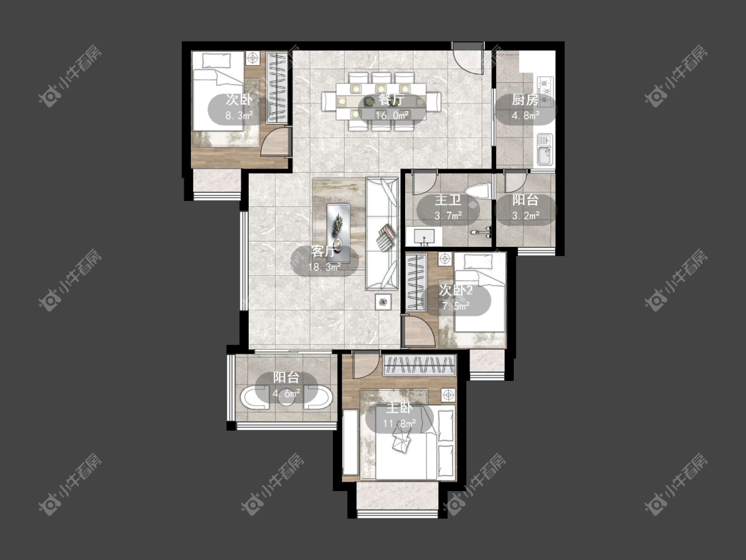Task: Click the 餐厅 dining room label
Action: (x=391, y=100)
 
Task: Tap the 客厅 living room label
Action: (x=324, y=251)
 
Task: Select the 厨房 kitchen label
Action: (x=525, y=100)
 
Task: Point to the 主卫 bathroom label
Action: (x=448, y=200)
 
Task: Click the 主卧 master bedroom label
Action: (x=399, y=408)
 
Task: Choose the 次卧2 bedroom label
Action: (x=456, y=290)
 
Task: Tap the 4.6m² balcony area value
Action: (x=286, y=394)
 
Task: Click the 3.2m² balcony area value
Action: (x=525, y=216)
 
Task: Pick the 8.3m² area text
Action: (x=239, y=115)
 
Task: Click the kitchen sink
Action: (x=545, y=149)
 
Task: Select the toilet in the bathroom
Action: (x=478, y=195)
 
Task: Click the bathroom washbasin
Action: (x=424, y=236)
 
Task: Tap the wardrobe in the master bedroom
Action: (x=420, y=366)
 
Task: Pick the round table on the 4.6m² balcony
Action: (x=286, y=399)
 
